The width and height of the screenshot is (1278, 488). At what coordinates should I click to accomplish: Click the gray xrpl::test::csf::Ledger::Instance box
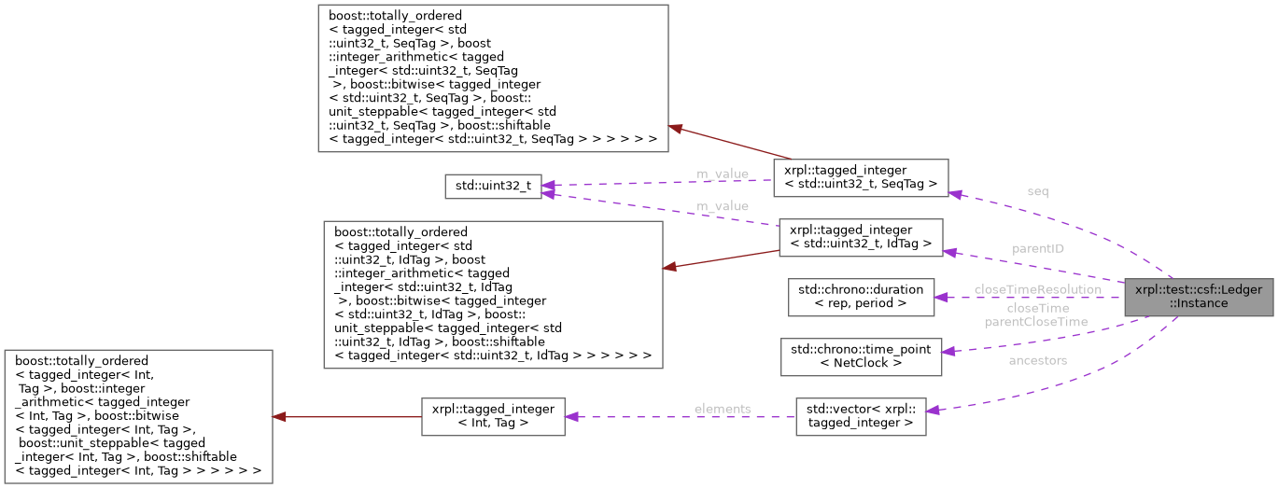click(1199, 297)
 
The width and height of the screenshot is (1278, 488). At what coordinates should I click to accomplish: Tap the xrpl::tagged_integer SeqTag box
click(861, 176)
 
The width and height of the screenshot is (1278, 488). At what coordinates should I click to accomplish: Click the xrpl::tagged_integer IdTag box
click(861, 237)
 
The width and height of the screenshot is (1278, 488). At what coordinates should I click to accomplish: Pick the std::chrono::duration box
click(861, 297)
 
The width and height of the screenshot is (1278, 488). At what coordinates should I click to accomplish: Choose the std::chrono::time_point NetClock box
click(861, 356)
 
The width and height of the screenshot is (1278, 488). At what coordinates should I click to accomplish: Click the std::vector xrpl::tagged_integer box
click(860, 416)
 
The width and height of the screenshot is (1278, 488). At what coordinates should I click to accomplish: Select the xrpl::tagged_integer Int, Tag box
click(492, 416)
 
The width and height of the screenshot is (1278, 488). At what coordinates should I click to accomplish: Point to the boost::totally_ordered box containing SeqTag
click(493, 78)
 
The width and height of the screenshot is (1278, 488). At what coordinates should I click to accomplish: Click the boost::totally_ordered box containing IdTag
click(492, 294)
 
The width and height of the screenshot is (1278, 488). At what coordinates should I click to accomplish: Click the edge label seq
click(1037, 191)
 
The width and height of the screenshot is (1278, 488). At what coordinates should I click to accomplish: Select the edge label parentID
click(1037, 249)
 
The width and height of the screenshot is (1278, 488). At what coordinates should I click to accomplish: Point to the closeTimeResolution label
click(1037, 289)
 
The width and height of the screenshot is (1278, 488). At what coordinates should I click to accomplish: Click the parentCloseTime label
click(1037, 322)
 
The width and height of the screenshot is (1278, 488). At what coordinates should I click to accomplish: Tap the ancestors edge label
click(1037, 359)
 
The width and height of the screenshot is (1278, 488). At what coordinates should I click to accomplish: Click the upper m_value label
click(722, 174)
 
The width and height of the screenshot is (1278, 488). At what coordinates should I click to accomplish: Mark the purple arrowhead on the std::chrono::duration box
click(943, 297)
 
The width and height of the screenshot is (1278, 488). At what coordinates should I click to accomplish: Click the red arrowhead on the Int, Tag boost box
click(279, 416)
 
